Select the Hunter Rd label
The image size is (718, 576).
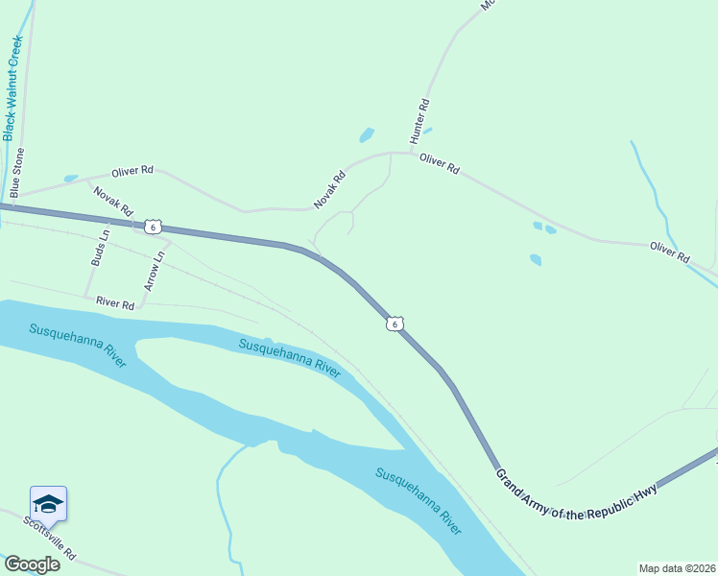pyautogui.click(x=419, y=121)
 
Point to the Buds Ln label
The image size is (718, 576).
pyautogui.click(x=99, y=247)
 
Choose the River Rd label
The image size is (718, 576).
pyautogui.click(x=114, y=302)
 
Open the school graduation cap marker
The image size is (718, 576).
pyautogui.click(x=48, y=503)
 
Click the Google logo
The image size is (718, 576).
pyautogui.click(x=31, y=564)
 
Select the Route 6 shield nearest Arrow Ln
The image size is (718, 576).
pyautogui.click(x=153, y=227)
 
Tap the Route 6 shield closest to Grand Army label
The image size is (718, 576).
pyautogui.click(x=395, y=324)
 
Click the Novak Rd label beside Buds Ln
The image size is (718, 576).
pyautogui.click(x=112, y=200)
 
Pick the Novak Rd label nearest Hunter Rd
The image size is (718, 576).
pyautogui.click(x=328, y=190)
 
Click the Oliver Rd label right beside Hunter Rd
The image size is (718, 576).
pyautogui.click(x=440, y=164)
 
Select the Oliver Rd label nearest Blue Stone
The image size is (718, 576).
pyautogui.click(x=132, y=171)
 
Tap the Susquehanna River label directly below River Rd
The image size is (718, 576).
pyautogui.click(x=78, y=345)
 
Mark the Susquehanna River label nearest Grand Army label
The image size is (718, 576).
pyautogui.click(x=418, y=500)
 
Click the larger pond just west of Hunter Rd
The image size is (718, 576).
pyautogui.click(x=366, y=135)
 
